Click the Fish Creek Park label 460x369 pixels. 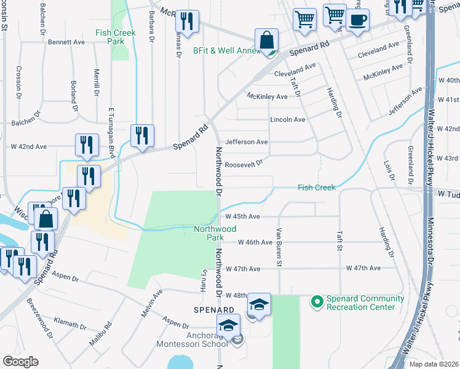pos(110,37)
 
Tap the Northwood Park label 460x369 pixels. pos(215,233)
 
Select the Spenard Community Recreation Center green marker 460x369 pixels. pos(317,301)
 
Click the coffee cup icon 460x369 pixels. pos(357,20)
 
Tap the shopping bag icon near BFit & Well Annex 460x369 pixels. pos(266,40)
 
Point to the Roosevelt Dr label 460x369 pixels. pos(244,164)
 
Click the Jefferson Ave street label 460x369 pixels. pos(247,141)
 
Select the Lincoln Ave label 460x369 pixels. pos(287,119)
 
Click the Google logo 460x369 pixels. pos(20,362)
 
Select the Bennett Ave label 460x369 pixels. pos(66,42)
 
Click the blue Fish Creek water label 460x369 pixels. pos(317,188)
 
